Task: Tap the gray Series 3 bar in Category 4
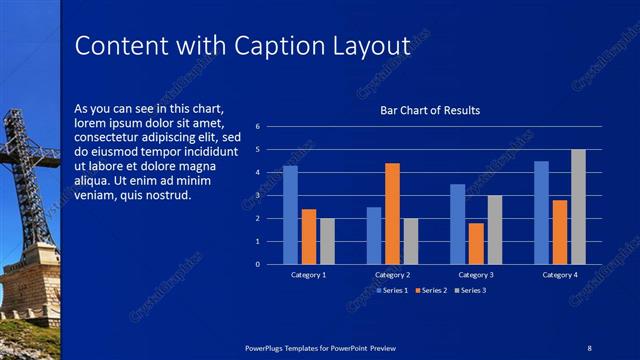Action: (x=578, y=207)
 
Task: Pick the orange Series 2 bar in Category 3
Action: (x=476, y=243)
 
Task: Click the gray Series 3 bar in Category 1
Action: (x=327, y=241)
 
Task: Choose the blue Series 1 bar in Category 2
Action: (x=374, y=235)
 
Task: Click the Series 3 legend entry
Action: (x=471, y=290)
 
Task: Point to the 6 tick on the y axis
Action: (x=258, y=127)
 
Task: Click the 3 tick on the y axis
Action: (x=258, y=196)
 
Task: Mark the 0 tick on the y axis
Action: (x=258, y=265)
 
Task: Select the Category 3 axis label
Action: (x=476, y=274)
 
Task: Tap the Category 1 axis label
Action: (x=308, y=274)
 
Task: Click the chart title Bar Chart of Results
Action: (x=430, y=110)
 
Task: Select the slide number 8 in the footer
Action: (x=589, y=347)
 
